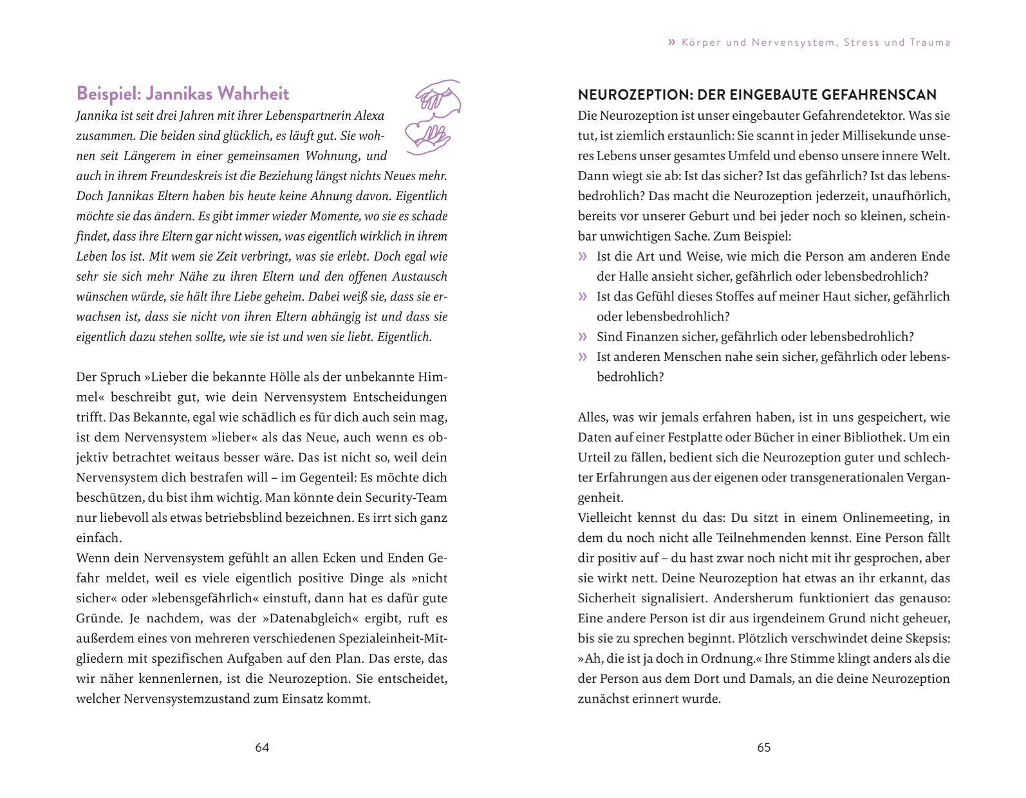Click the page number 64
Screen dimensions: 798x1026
(262, 747)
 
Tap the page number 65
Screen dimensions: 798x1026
(763, 747)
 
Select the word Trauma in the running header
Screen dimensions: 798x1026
(930, 42)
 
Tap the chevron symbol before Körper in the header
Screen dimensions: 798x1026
(672, 42)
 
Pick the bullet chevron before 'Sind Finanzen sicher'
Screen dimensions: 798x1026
(583, 337)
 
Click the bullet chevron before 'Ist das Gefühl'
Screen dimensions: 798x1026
(583, 297)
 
